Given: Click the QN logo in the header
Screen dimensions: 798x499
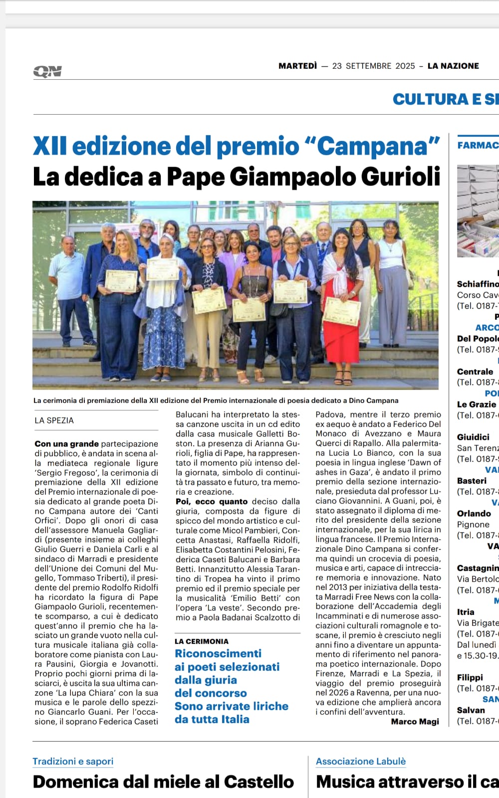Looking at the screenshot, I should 47,71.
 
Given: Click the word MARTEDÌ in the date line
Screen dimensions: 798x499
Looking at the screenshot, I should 297,66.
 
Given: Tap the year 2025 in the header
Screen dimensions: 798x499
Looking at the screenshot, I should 405,66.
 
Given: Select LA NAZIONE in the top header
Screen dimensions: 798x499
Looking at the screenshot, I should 453,66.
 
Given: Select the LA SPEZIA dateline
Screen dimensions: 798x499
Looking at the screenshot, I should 54,420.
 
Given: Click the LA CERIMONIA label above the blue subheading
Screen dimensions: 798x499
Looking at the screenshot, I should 202,641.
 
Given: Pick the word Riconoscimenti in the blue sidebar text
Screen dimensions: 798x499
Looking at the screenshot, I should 218,653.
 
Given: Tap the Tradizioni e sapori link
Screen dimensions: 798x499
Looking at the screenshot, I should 73,762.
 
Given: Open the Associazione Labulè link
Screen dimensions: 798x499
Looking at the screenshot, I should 361,762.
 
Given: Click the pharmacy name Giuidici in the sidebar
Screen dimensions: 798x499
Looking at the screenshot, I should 473,437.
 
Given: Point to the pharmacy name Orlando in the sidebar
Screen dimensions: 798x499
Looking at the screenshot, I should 474,513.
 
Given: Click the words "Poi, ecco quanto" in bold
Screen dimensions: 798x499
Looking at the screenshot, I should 212,501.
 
